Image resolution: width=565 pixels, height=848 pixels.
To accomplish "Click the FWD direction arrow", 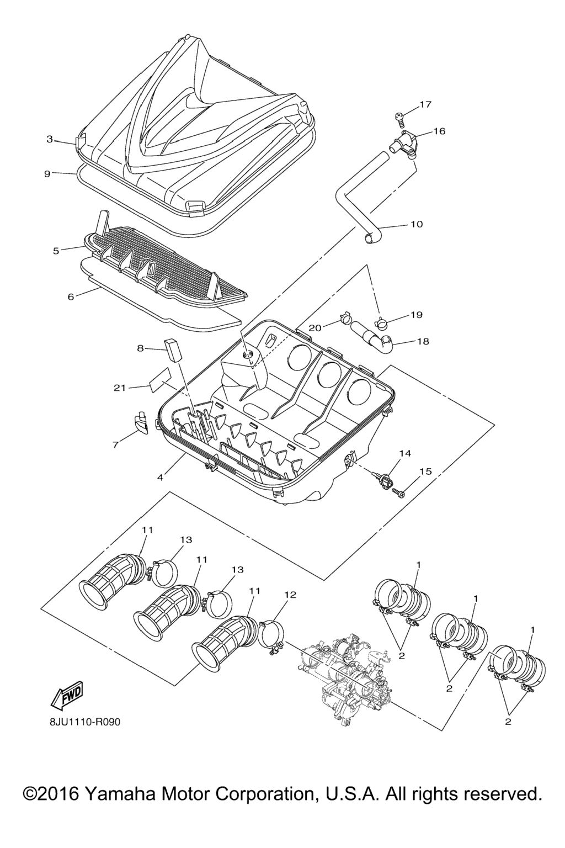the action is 67,695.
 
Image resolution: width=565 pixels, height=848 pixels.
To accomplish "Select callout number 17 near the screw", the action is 426,104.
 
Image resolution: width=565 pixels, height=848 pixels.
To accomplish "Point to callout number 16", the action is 439,131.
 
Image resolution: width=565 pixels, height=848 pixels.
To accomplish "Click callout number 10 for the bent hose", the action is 416,224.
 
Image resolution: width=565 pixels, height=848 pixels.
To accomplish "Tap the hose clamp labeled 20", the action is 344,318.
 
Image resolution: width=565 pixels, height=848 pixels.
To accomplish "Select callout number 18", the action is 423,342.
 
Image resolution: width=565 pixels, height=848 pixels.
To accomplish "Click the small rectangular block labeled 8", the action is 172,350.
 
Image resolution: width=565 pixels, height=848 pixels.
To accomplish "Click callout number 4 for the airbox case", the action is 160,478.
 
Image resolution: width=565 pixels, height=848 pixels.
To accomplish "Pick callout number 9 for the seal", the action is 47,173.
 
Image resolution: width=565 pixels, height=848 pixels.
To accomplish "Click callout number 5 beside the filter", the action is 56,251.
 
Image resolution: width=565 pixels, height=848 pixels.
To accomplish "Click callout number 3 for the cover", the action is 50,139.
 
